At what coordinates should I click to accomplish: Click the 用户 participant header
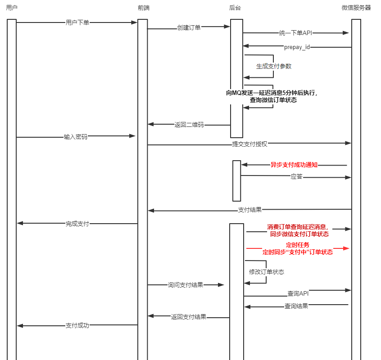pyautogui.click(x=12, y=8)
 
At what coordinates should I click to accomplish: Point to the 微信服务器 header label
pyautogui.click(x=356, y=8)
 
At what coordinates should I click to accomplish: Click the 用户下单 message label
pyautogui.click(x=77, y=22)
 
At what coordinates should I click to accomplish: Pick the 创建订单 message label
pyautogui.click(x=189, y=27)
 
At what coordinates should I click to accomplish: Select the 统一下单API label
pyautogui.click(x=296, y=33)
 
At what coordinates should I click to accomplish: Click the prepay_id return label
pyautogui.click(x=297, y=47)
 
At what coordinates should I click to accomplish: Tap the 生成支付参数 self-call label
pyautogui.click(x=274, y=66)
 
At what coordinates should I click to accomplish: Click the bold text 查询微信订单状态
pyautogui.click(x=273, y=100)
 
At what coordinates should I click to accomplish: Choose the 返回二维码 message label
pyautogui.click(x=189, y=125)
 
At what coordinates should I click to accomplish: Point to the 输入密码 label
pyautogui.click(x=76, y=136)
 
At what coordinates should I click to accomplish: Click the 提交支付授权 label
pyautogui.click(x=249, y=144)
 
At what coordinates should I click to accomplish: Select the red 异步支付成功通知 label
pyautogui.click(x=294, y=165)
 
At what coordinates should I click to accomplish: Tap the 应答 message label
pyautogui.click(x=296, y=177)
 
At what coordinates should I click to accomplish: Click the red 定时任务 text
pyautogui.click(x=298, y=245)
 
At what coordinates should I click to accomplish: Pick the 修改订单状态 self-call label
pyautogui.click(x=267, y=272)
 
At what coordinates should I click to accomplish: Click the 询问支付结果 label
pyautogui.click(x=186, y=285)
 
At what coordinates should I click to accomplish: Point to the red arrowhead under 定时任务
pyautogui.click(x=346, y=248)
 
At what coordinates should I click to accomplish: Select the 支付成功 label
pyautogui.click(x=77, y=325)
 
